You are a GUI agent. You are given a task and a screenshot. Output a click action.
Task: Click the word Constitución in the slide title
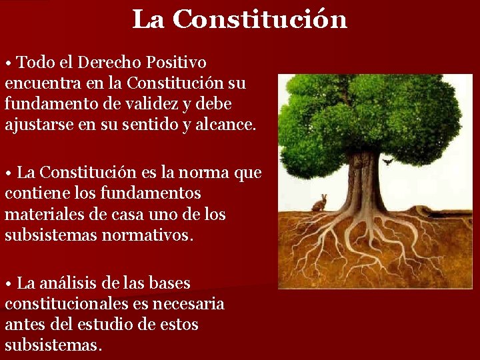click(260, 19)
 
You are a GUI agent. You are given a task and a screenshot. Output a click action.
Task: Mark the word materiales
click(41, 215)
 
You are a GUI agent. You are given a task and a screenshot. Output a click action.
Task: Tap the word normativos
click(147, 235)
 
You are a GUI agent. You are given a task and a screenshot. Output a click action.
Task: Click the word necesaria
click(190, 304)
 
